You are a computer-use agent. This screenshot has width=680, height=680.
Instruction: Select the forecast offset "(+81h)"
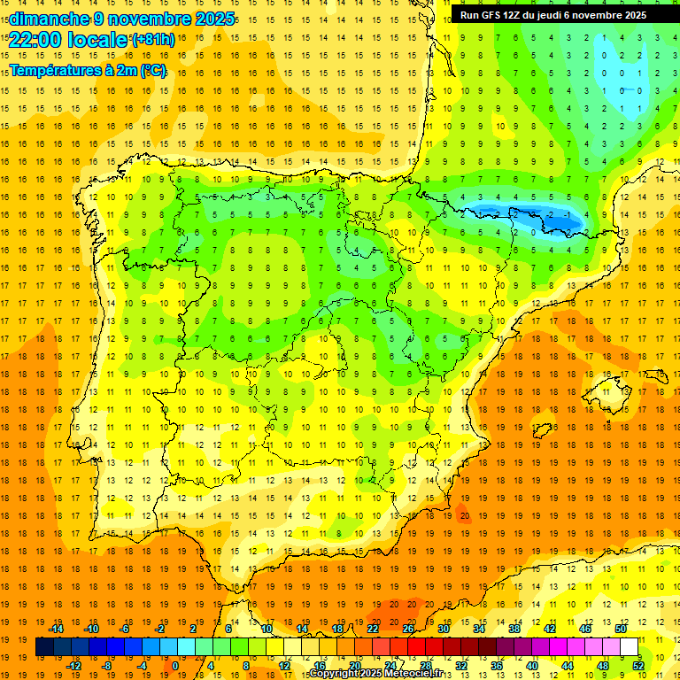(x=153, y=40)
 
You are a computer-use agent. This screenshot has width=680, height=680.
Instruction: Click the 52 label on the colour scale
(x=638, y=666)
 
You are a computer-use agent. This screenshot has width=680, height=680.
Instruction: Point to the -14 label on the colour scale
(x=56, y=628)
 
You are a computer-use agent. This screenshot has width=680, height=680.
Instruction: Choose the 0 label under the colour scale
(x=174, y=666)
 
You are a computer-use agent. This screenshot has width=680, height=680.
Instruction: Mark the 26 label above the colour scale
(x=408, y=628)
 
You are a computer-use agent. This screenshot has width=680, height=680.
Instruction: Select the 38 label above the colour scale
(x=514, y=628)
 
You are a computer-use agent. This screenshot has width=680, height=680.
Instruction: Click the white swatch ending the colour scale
(x=630, y=646)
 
